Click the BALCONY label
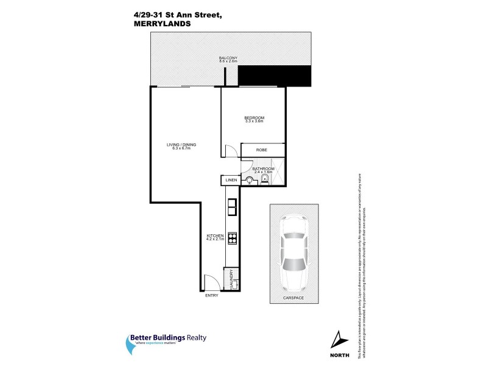[x=228, y=57]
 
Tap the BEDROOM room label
[x=254, y=118]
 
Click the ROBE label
[x=262, y=150]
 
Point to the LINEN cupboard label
[x=230, y=181]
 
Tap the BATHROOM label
[x=264, y=168]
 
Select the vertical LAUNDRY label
[x=231, y=279]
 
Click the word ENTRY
[x=211, y=296]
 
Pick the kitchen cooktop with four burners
[x=232, y=239]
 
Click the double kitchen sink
[x=232, y=208]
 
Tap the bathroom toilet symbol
[x=250, y=180]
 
